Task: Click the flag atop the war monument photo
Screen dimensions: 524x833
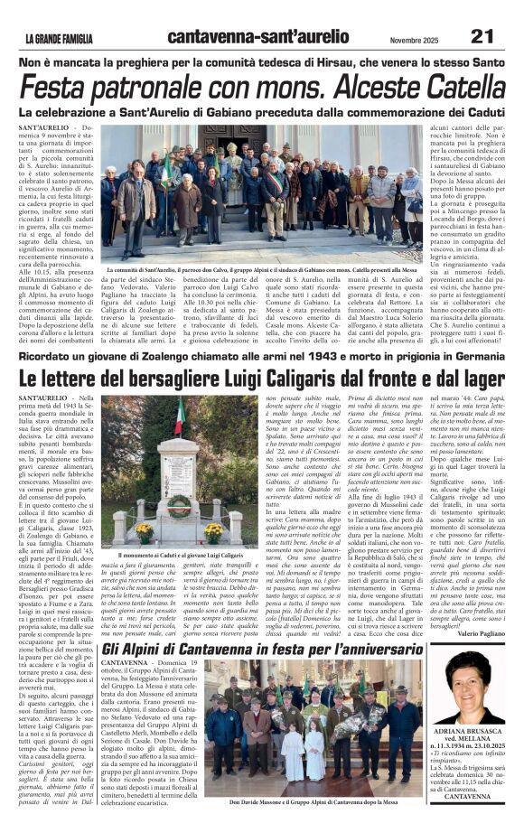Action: [179, 417]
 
